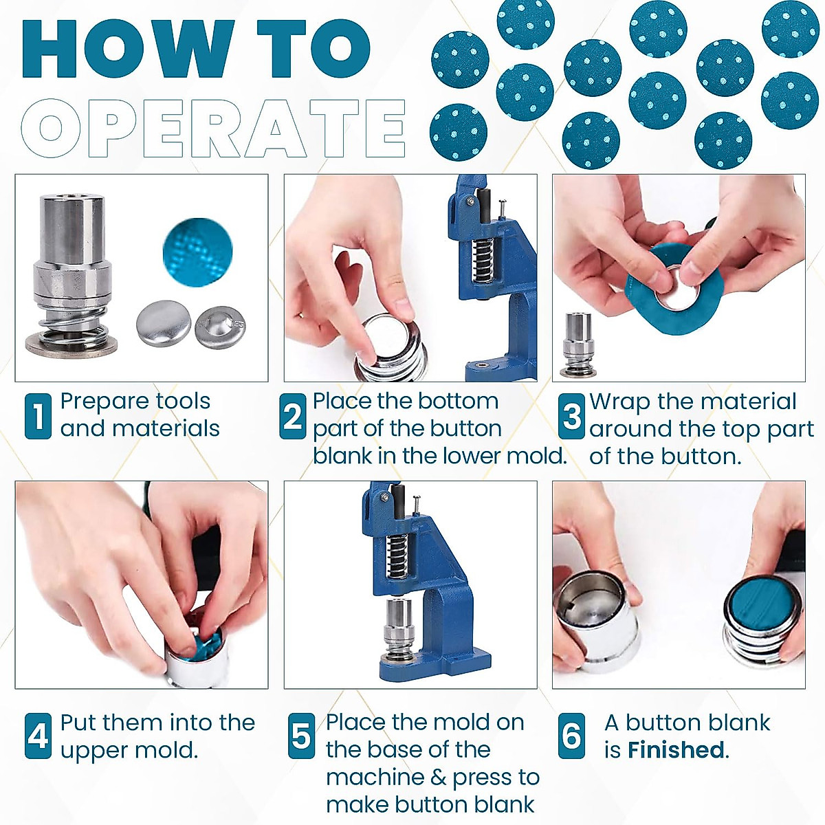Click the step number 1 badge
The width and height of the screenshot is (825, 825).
point(38,416)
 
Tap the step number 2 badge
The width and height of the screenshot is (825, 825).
point(293,416)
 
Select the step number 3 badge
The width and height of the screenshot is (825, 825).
point(571,416)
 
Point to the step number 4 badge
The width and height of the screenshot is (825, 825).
point(38,736)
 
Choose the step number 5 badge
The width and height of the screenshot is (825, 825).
point(301,736)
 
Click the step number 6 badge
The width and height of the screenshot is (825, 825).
point(571,736)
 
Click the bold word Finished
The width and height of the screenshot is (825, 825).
point(676,749)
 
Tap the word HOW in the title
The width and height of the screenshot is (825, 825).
point(129,49)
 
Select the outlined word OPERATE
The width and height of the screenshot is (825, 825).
point(213,128)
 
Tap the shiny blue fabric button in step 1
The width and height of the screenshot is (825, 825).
point(198,252)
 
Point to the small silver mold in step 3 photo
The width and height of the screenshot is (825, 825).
point(578,344)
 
